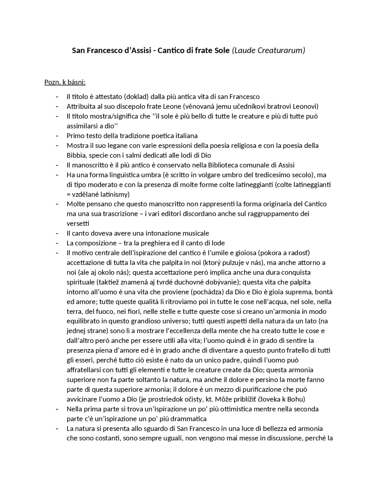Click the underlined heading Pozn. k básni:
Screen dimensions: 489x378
tap(65, 82)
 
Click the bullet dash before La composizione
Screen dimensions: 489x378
tap(57, 243)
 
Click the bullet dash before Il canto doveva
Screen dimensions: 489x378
tap(57, 233)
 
